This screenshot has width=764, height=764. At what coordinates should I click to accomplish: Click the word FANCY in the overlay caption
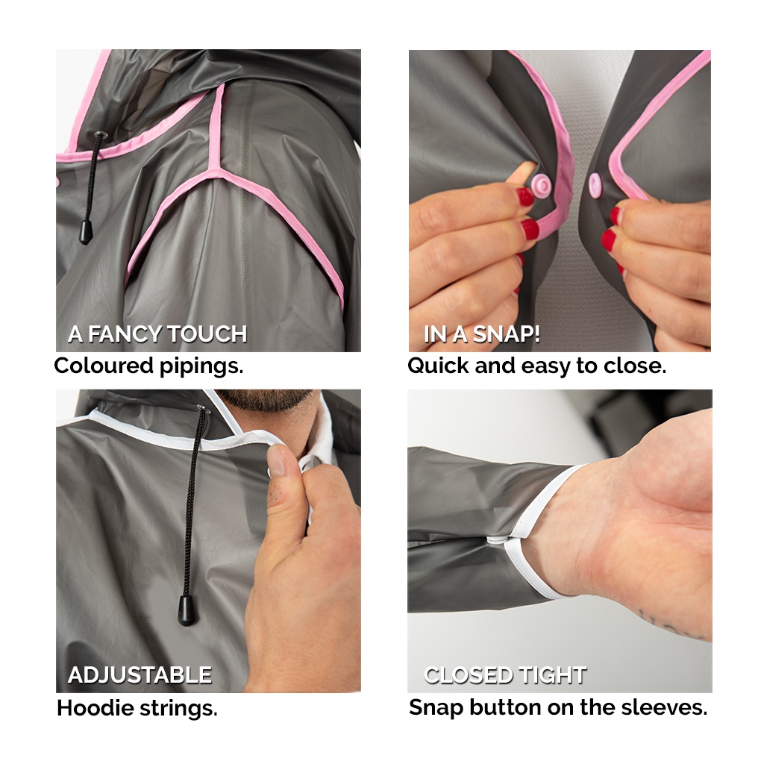point(125,334)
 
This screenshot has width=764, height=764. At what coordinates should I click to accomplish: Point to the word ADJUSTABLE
point(140,675)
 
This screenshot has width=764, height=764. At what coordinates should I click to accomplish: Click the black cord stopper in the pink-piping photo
point(87,232)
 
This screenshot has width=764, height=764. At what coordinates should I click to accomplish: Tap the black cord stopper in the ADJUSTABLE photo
point(187,610)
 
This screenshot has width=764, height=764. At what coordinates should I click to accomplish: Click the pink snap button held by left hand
point(540,185)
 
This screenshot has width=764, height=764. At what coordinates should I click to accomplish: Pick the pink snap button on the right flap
point(595,186)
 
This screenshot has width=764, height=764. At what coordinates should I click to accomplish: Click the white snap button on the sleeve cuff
point(496,539)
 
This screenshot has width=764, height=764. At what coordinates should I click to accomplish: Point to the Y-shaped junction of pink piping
point(213,171)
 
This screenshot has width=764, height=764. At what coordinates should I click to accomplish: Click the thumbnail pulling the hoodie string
point(276,459)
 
